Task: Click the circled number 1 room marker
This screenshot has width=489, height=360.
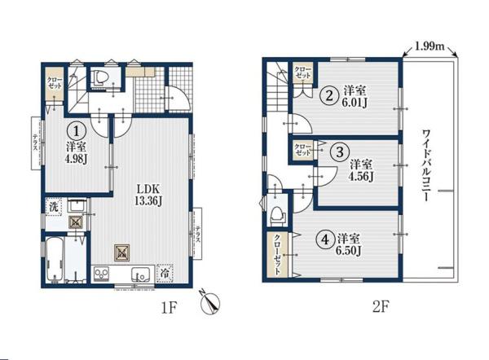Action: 76,131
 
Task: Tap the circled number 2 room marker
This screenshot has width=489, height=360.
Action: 329,95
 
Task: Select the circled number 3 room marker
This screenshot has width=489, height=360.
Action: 340,152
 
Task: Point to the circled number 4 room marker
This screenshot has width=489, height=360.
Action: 325,240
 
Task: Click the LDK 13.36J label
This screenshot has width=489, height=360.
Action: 148,195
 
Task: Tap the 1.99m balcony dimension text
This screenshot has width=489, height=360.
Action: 430,46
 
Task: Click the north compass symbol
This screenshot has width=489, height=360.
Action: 210,301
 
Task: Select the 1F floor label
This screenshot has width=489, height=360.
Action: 169,308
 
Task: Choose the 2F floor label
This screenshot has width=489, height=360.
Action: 381,307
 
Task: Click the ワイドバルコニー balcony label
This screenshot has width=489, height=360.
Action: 426,165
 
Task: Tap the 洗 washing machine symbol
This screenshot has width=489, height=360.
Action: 54,207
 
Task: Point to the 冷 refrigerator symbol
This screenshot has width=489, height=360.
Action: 165,274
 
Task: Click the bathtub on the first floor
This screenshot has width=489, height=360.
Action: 55,260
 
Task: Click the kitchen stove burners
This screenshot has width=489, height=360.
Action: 101,274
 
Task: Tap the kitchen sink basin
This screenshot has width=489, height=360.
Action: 141,274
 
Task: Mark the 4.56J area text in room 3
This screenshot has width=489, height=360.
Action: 361,177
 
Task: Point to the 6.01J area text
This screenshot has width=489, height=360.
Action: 354,103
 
